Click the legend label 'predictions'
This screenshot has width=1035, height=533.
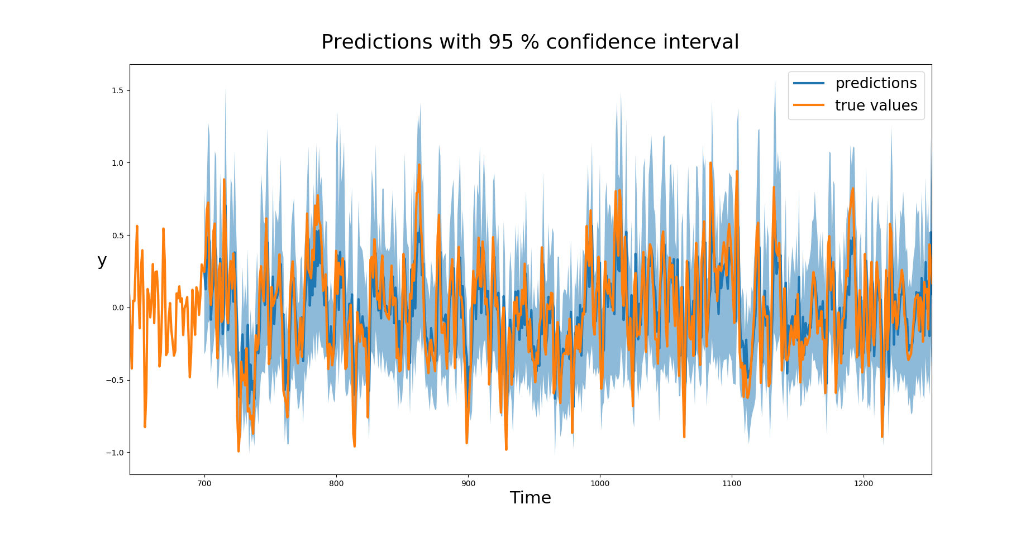coord(876,83)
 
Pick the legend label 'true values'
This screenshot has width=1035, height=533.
coord(876,105)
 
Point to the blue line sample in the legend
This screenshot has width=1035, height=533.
coord(808,83)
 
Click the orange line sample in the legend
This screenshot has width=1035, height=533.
coord(808,105)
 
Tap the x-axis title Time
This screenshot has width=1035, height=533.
coord(530,498)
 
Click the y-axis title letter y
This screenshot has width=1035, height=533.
coord(102,260)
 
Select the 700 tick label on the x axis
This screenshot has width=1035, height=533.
coord(204,483)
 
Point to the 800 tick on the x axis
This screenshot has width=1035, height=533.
coord(336,483)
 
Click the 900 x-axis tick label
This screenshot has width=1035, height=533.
coord(468,483)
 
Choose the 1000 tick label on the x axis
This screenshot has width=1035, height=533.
coord(600,483)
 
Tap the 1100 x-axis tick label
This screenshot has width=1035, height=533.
coord(732,483)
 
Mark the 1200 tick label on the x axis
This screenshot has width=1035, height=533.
coord(864,483)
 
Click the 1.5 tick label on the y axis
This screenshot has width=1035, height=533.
coord(118,90)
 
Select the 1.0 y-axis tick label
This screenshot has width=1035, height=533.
coord(118,163)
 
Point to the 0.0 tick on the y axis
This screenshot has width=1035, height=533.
coord(118,308)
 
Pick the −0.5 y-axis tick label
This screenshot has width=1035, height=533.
coord(115,380)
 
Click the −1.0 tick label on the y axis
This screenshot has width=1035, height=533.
coord(115,453)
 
